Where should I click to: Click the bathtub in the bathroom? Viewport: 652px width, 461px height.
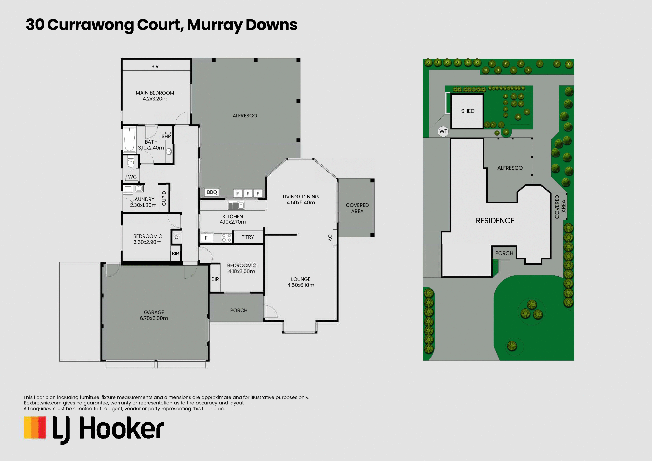129,140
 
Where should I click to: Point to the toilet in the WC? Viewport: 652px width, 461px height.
131,162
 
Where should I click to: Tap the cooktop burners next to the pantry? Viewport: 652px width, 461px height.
226,238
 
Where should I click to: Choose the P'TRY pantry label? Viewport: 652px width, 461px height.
248,237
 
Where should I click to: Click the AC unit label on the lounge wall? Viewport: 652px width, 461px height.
330,238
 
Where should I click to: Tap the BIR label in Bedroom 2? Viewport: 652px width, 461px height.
215,279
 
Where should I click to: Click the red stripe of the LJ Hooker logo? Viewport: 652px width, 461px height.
42,428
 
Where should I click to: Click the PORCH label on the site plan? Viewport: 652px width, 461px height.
504,253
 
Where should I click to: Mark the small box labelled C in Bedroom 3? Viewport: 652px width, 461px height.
176,237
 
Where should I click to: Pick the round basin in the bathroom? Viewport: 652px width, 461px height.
169,151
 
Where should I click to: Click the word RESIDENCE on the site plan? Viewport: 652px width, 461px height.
495,221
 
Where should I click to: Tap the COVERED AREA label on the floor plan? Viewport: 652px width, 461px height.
357,208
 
